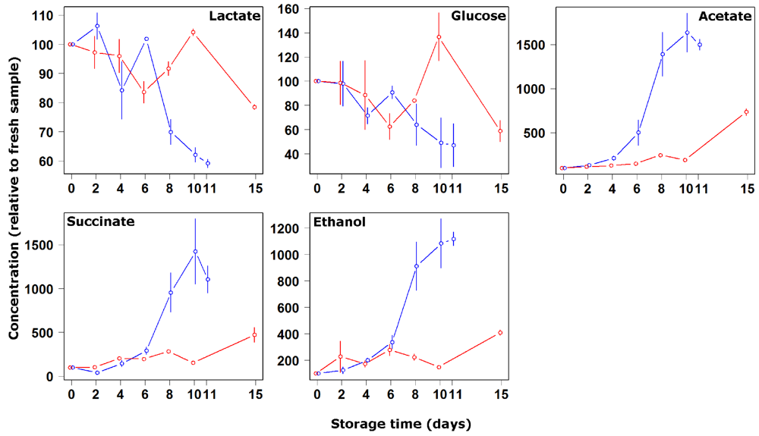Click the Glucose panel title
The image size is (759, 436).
pyautogui.click(x=478, y=16)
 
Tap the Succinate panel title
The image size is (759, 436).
pyautogui.click(x=101, y=222)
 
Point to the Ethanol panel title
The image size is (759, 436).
pyautogui.click(x=339, y=222)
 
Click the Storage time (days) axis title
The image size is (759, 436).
pyautogui.click(x=401, y=423)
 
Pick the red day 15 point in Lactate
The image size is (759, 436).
pyautogui.click(x=254, y=107)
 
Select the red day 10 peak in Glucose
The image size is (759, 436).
pyautogui.click(x=439, y=36)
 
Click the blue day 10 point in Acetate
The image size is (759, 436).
pyautogui.click(x=687, y=33)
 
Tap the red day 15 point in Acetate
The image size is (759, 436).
pyautogui.click(x=746, y=112)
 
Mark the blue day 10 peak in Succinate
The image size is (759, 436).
pyautogui.click(x=195, y=252)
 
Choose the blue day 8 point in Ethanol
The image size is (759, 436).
pyautogui.click(x=416, y=266)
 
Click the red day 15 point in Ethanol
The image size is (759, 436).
pyautogui.click(x=500, y=333)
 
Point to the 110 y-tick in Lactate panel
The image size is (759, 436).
pyautogui.click(x=43, y=16)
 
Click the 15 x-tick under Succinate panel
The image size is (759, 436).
pyautogui.click(x=254, y=393)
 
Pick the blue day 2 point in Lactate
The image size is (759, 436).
pyautogui.click(x=96, y=26)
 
